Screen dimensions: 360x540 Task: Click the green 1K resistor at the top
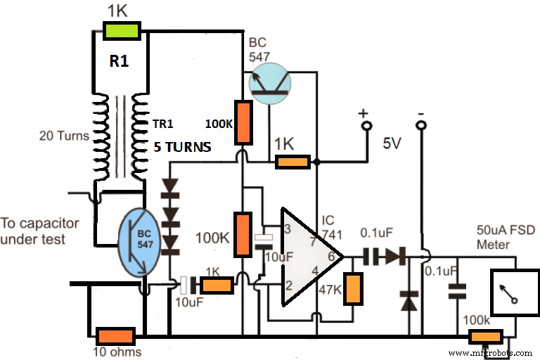tap(122, 30)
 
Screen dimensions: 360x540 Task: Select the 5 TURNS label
tap(184, 149)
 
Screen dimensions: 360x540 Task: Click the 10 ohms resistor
tap(115, 336)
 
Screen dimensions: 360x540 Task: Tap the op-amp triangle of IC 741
tap(307, 257)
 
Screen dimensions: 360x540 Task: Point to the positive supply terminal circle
tap(365, 127)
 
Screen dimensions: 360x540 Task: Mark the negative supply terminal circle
tap(421, 127)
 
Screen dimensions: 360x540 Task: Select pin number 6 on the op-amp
tap(331, 257)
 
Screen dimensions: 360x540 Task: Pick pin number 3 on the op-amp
tap(287, 229)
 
